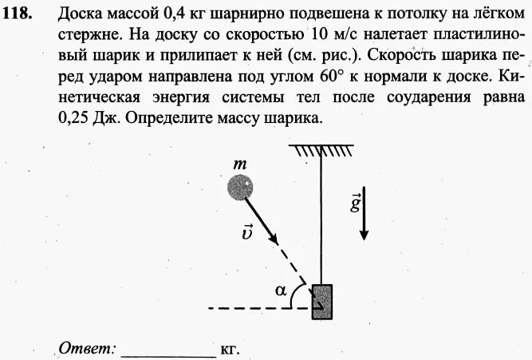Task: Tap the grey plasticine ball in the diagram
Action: tap(240, 188)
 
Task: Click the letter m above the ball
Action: tap(238, 164)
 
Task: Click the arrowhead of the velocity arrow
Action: tap(274, 239)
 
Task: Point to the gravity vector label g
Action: tap(355, 201)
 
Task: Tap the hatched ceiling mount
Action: tap(321, 150)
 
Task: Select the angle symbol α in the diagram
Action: tap(280, 291)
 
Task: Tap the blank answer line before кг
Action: tap(168, 351)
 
